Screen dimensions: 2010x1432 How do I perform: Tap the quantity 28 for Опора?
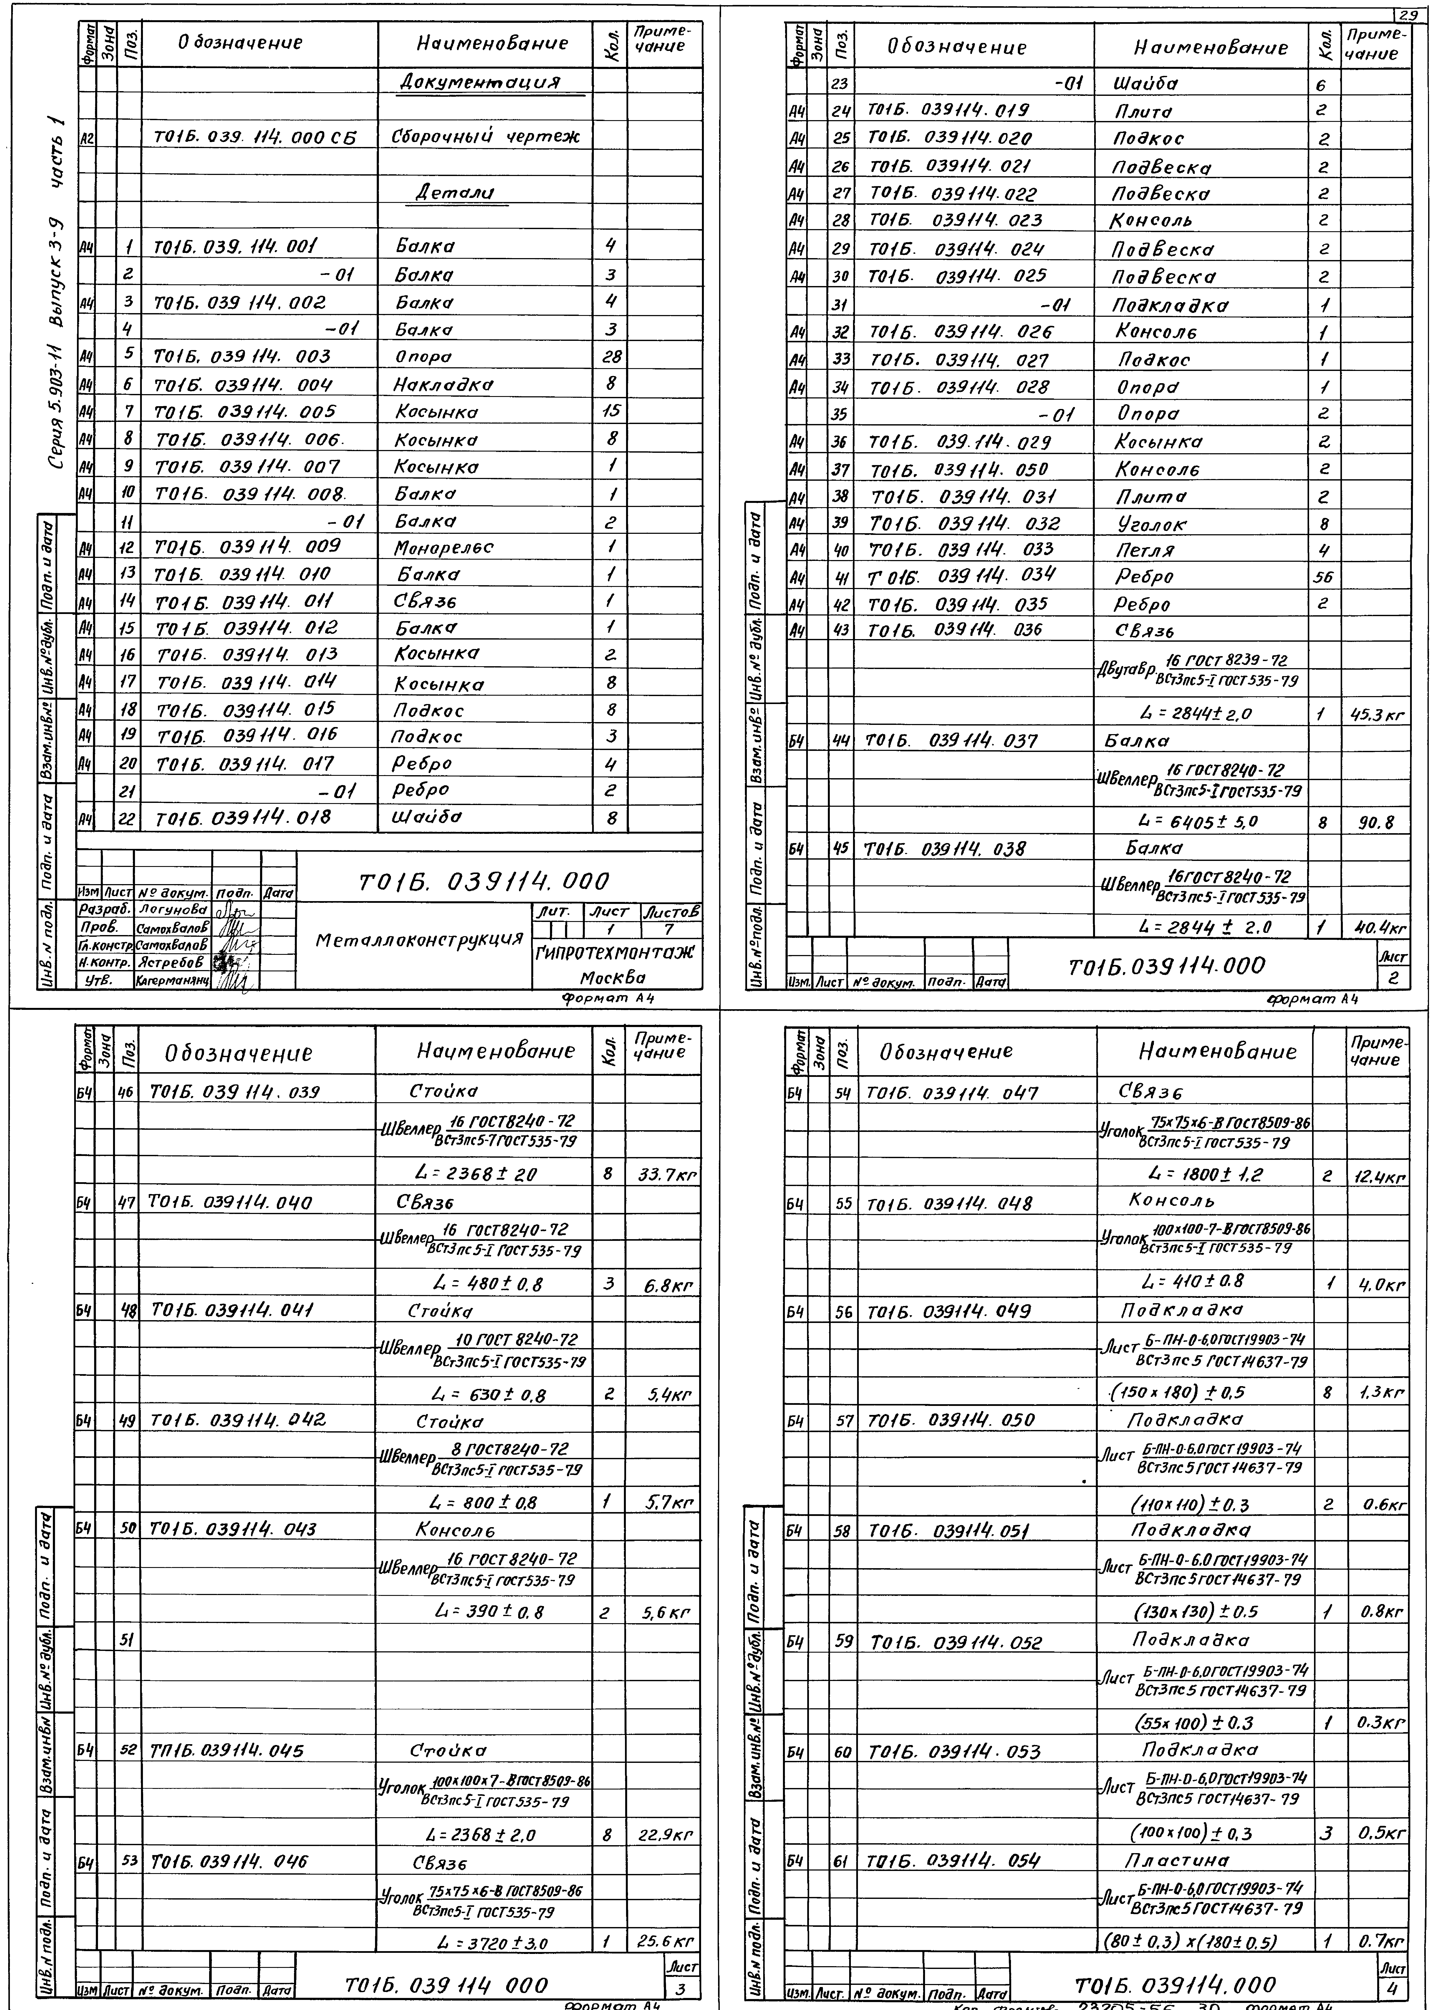610,357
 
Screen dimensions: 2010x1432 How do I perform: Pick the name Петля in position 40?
1144,550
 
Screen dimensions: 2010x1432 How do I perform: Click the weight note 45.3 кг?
1377,715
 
